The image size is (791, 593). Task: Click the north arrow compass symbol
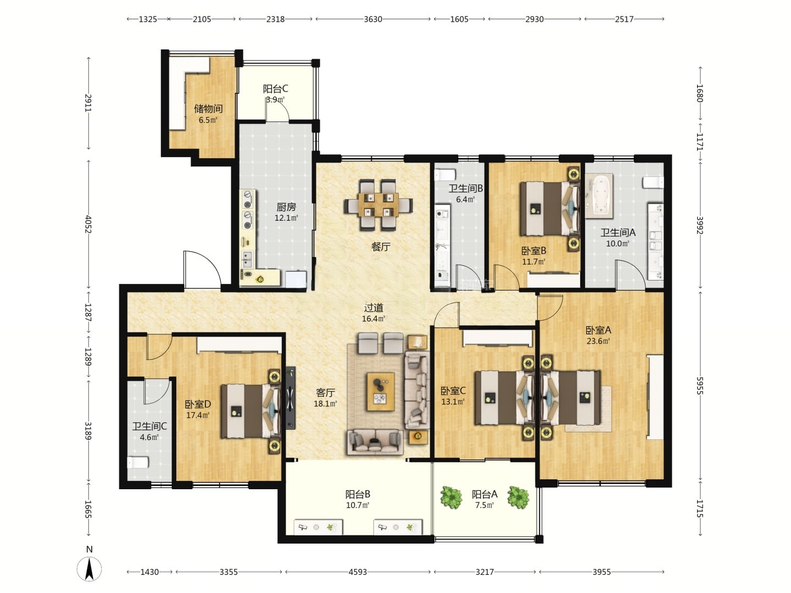89,568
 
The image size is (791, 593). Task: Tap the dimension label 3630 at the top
372,19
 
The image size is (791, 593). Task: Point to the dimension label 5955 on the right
699,385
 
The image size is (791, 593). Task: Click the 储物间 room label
208,108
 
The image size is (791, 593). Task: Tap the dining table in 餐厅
378,205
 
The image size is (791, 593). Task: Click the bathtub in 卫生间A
599,196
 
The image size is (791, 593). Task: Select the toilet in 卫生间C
138,462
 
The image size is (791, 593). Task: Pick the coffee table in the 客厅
381,391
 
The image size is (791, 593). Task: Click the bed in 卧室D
250,411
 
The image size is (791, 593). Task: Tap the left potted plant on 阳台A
451,497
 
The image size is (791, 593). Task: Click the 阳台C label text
275,88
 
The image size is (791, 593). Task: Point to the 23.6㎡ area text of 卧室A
598,340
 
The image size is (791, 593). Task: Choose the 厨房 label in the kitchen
286,207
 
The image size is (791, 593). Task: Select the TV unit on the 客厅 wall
291,398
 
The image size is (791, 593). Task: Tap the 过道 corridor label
374,308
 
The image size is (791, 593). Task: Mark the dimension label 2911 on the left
88,103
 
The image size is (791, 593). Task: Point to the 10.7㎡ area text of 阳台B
358,505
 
